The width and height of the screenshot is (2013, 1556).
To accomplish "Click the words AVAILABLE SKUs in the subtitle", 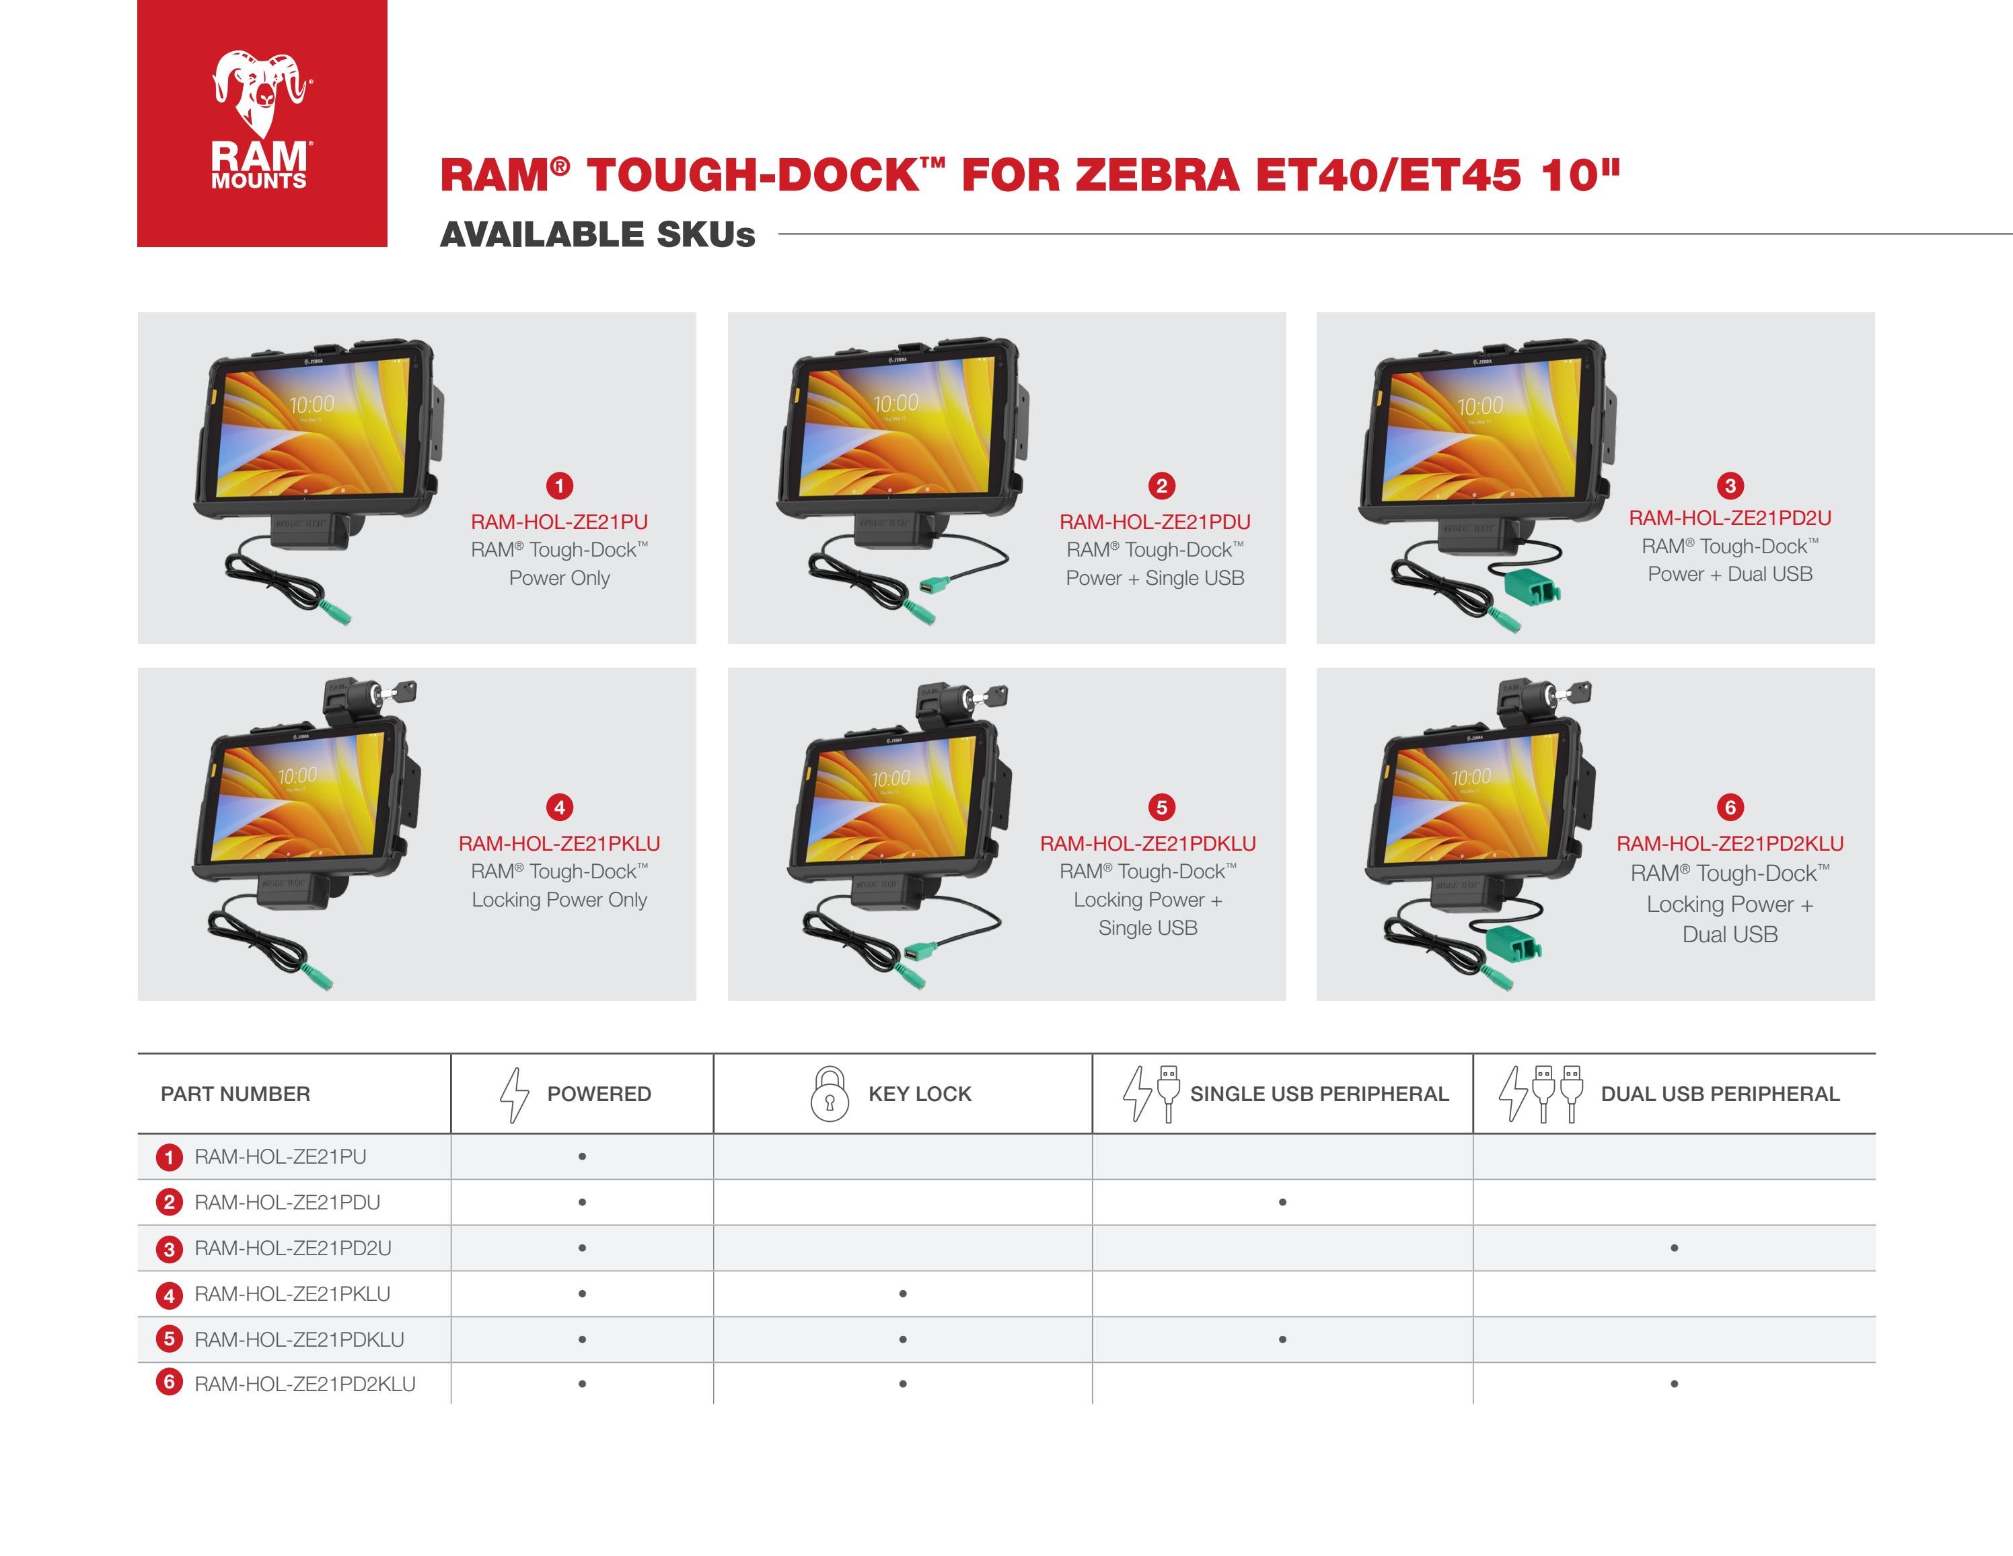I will pyautogui.click(x=597, y=235).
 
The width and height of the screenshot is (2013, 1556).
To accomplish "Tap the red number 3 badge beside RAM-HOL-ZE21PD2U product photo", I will pyautogui.click(x=1729, y=486).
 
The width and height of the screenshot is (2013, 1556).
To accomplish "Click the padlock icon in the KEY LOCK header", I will pyautogui.click(x=829, y=1094).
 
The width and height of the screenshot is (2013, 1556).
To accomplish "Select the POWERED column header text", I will pyautogui.click(x=598, y=1094).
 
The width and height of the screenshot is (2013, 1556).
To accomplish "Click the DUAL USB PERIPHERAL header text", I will pyautogui.click(x=1719, y=1094).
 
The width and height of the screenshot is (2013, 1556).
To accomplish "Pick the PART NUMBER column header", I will pyautogui.click(x=235, y=1094).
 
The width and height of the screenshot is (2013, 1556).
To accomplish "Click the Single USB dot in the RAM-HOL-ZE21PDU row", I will pyautogui.click(x=1282, y=1202).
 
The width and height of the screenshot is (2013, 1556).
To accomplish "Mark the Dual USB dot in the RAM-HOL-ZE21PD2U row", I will pyautogui.click(x=1674, y=1248).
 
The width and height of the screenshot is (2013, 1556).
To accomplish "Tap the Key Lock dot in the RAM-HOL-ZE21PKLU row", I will pyautogui.click(x=902, y=1294).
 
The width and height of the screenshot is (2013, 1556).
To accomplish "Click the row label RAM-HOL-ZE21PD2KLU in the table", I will pyautogui.click(x=304, y=1384).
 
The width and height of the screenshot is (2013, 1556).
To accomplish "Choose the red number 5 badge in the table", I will pyautogui.click(x=169, y=1339).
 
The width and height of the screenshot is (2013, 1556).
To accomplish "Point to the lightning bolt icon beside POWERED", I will pyautogui.click(x=513, y=1094).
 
